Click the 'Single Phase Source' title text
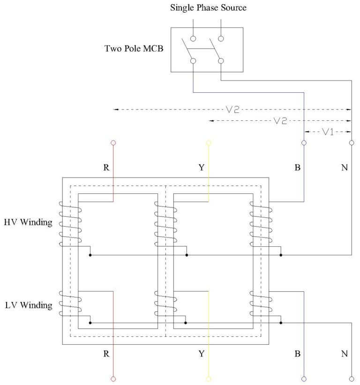coord(208,7)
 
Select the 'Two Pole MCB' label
coord(134,48)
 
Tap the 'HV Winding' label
coord(28,222)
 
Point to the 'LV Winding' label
coord(28,305)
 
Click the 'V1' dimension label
coord(328,132)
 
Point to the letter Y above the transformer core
coord(202,168)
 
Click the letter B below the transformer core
coord(297,354)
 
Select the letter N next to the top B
coord(345,168)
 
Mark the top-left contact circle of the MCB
coord(193,39)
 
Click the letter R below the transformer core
coord(106,354)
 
